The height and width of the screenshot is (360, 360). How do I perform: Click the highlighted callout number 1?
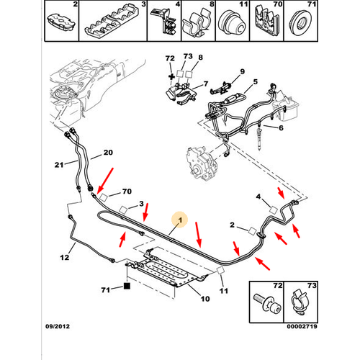click(180, 220)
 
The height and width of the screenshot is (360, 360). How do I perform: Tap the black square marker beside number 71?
click(127, 286)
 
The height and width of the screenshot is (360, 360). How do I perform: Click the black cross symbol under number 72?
click(171, 77)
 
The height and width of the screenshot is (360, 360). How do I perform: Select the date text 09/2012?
click(58, 326)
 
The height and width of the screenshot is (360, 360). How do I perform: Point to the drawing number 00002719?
click(302, 326)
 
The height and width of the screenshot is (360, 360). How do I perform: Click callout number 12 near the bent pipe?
click(65, 258)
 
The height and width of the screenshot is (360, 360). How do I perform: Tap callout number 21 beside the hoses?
click(59, 165)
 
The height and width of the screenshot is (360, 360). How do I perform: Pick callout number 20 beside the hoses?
click(108, 153)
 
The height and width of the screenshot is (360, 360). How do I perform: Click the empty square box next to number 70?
click(104, 197)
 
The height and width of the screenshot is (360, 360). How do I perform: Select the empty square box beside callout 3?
click(123, 210)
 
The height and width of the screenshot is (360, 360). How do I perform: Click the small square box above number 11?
click(220, 270)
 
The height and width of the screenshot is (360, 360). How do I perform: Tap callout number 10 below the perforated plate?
click(205, 299)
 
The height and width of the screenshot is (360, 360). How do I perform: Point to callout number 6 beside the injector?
click(281, 127)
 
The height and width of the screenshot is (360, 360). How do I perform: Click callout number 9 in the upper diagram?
click(242, 71)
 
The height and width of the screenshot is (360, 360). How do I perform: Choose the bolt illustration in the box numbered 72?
click(267, 304)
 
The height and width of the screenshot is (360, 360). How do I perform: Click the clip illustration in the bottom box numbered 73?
click(300, 303)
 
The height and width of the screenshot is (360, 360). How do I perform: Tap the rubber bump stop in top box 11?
click(233, 24)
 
